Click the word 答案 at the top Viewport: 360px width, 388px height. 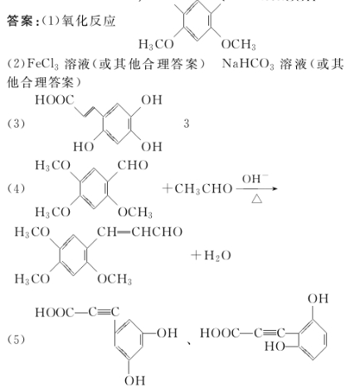20,22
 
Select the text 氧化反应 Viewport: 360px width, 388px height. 89,22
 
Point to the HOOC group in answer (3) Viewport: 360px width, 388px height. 55,100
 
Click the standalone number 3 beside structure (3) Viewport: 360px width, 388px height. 187,124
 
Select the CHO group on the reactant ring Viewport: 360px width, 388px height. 133,165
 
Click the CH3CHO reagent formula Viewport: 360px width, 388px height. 203,189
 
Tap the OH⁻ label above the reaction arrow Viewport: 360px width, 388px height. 255,178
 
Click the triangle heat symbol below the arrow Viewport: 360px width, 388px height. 257,199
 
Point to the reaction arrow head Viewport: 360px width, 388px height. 275,189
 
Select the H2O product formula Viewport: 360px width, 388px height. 217,255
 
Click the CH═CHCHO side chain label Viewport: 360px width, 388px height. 139,232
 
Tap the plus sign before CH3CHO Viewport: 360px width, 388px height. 167,188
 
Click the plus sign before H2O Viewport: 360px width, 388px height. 196,255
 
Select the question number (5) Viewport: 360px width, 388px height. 16,339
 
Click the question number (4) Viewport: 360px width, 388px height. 16,189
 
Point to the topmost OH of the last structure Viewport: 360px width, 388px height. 319,298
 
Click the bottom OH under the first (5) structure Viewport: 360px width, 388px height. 134,381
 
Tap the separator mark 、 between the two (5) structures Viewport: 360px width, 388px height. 190,343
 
